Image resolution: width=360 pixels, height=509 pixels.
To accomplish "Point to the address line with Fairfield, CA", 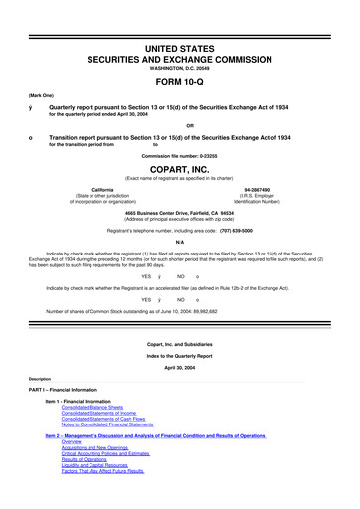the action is [x=179, y=212].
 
